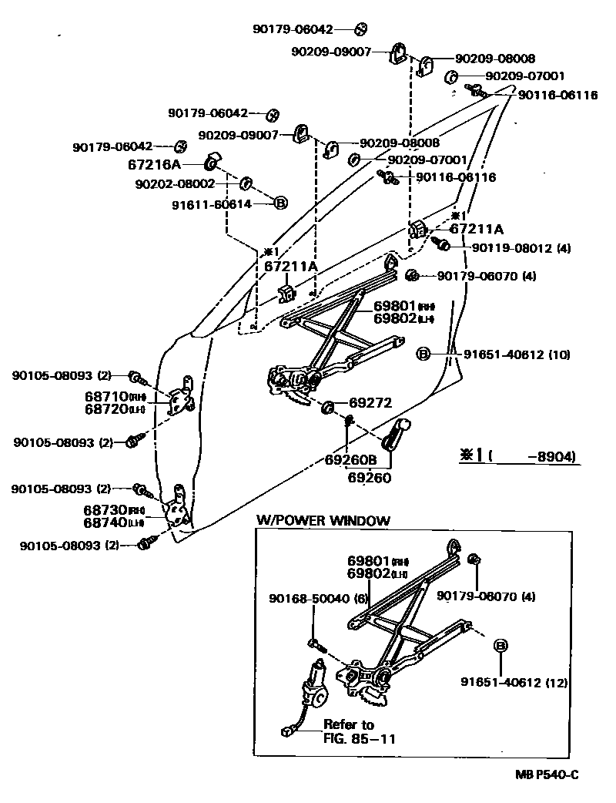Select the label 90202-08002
tap(175, 183)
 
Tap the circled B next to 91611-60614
tap(280, 203)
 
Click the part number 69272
tap(370, 402)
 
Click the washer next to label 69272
tap(326, 405)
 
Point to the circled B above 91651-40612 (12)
tap(500, 646)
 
